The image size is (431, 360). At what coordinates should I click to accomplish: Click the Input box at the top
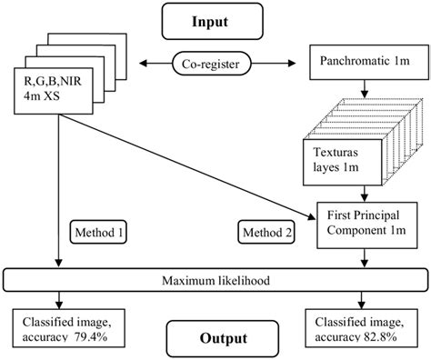tap(215, 19)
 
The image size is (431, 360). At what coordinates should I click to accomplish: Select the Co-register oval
tap(215, 65)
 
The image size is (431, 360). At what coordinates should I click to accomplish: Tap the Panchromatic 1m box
tap(364, 65)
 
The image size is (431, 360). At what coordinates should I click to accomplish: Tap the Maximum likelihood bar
tap(215, 277)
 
